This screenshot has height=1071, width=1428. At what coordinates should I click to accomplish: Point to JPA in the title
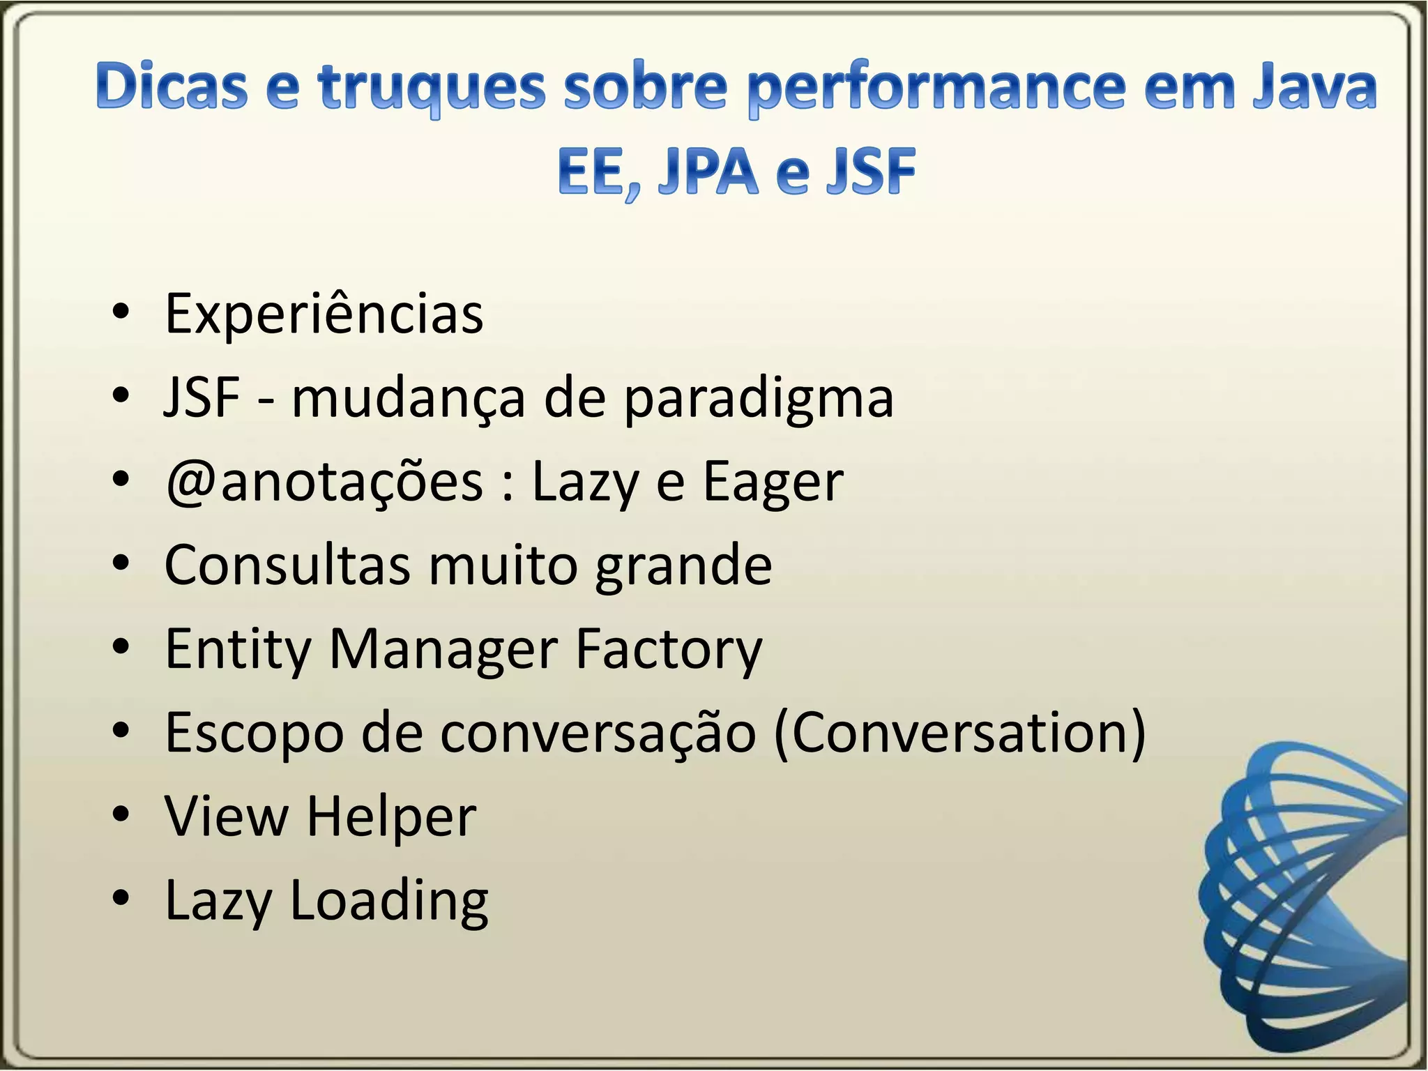[x=707, y=172]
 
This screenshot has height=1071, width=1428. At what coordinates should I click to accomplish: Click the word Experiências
[x=324, y=314]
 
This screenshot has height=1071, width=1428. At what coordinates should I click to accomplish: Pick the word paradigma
[x=759, y=399]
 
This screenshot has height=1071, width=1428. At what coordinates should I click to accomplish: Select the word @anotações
[x=324, y=483]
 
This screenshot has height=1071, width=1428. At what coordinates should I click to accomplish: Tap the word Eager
[x=773, y=483]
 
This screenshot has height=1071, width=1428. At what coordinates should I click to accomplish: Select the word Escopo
[x=255, y=734]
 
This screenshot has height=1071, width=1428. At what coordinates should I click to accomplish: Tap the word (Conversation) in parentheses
[x=959, y=734]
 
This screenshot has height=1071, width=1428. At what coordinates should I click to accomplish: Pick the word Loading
[x=389, y=901]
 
